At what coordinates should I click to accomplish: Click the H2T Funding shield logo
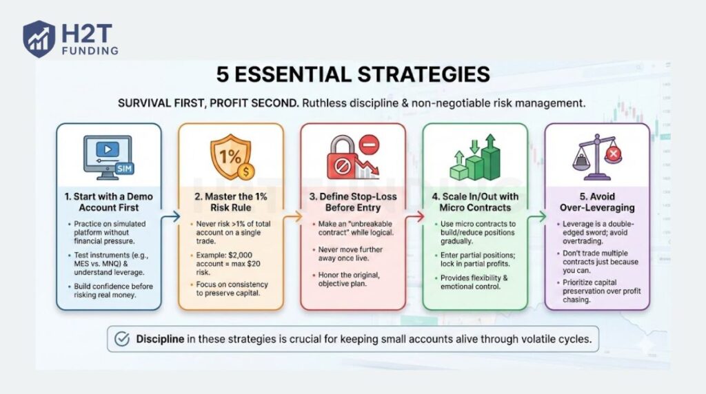click(x=39, y=38)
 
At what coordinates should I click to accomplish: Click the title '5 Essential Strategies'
click(x=353, y=74)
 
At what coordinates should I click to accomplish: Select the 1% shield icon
click(x=230, y=156)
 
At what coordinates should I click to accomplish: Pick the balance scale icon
click(x=596, y=158)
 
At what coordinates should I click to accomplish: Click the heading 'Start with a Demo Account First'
click(x=109, y=202)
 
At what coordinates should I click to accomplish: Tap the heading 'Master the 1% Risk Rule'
click(x=230, y=202)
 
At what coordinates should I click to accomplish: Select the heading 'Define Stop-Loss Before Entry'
click(x=352, y=202)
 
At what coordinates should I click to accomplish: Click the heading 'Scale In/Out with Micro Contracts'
click(x=474, y=202)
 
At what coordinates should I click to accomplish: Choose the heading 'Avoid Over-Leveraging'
click(x=596, y=202)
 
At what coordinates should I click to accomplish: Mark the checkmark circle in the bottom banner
click(x=122, y=339)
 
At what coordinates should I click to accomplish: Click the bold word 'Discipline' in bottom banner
click(x=161, y=339)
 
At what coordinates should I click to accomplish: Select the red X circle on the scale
click(x=611, y=154)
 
